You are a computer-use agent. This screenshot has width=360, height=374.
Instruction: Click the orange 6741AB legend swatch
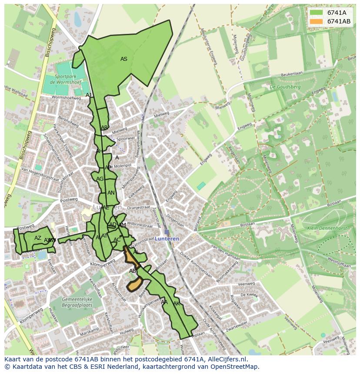[317, 21]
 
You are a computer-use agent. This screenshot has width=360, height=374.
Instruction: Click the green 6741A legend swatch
[317, 12]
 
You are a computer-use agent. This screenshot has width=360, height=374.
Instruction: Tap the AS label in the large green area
[124, 59]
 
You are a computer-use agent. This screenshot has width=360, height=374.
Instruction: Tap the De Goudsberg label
[285, 87]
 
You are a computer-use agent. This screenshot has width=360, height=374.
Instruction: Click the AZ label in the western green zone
[38, 238]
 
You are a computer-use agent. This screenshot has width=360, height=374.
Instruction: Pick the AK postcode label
[177, 303]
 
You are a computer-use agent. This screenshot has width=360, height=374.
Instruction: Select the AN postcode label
[111, 193]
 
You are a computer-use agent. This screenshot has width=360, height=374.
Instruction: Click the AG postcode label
[100, 179]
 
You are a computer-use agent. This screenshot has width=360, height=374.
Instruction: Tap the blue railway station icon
[167, 232]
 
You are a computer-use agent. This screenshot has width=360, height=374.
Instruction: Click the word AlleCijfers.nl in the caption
[227, 359]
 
